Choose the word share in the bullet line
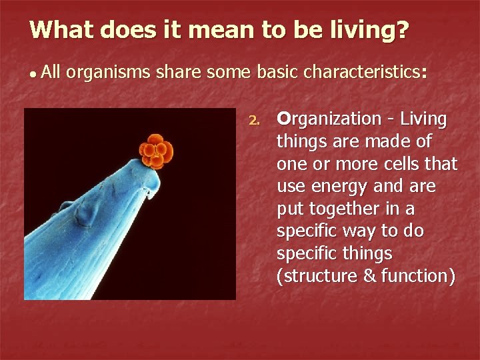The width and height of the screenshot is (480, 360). [179, 73]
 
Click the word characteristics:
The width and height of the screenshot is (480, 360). [365, 73]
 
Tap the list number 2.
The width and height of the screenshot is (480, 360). [253, 121]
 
